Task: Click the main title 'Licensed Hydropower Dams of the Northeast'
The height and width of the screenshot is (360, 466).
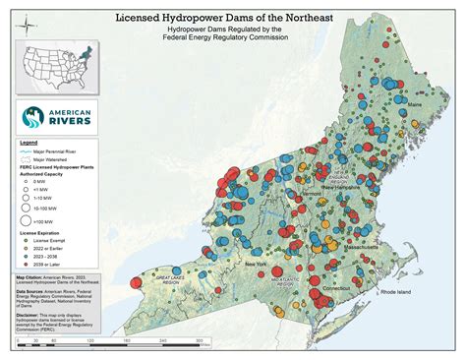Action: pyautogui.click(x=233, y=18)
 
